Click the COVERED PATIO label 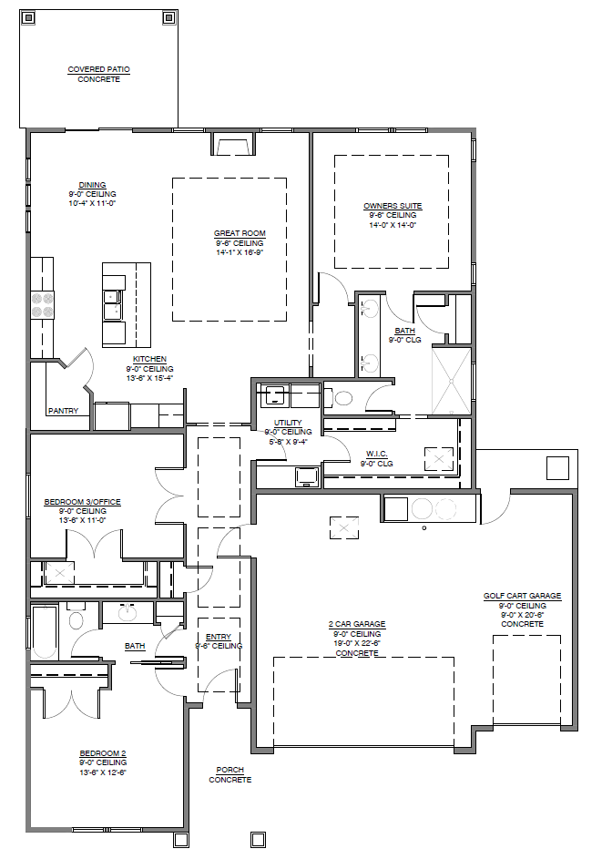click(98, 69)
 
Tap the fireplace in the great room click(234, 144)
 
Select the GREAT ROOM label click(240, 233)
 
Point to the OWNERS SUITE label click(393, 206)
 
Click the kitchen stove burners click(43, 305)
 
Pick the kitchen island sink click(114, 305)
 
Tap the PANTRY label click(63, 411)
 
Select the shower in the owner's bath click(452, 381)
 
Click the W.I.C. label click(377, 455)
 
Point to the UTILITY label click(288, 423)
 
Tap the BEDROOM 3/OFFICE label click(83, 502)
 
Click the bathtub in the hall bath click(45, 631)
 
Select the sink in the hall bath click(128, 612)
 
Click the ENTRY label click(219, 637)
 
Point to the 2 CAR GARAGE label click(357, 624)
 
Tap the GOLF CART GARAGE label click(522, 596)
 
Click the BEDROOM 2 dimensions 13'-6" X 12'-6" click(103, 772)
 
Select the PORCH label click(230, 770)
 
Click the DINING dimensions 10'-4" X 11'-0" click(92, 203)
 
